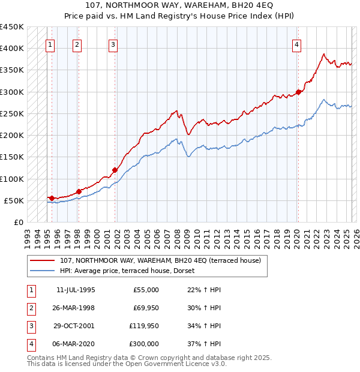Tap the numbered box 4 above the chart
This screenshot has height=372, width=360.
coord(296,44)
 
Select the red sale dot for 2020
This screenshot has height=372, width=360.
coord(298,92)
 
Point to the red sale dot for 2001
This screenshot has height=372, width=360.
coord(115,170)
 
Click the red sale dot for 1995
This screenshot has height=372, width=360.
coord(52,198)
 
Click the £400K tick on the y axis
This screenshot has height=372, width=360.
coord(12,49)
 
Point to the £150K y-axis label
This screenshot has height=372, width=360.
coord(12,157)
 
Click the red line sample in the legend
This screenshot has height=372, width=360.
coord(43,261)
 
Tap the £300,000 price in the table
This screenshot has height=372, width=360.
coord(144,344)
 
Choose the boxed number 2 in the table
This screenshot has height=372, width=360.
coord(31,308)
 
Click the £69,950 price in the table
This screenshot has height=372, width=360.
coord(145,308)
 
